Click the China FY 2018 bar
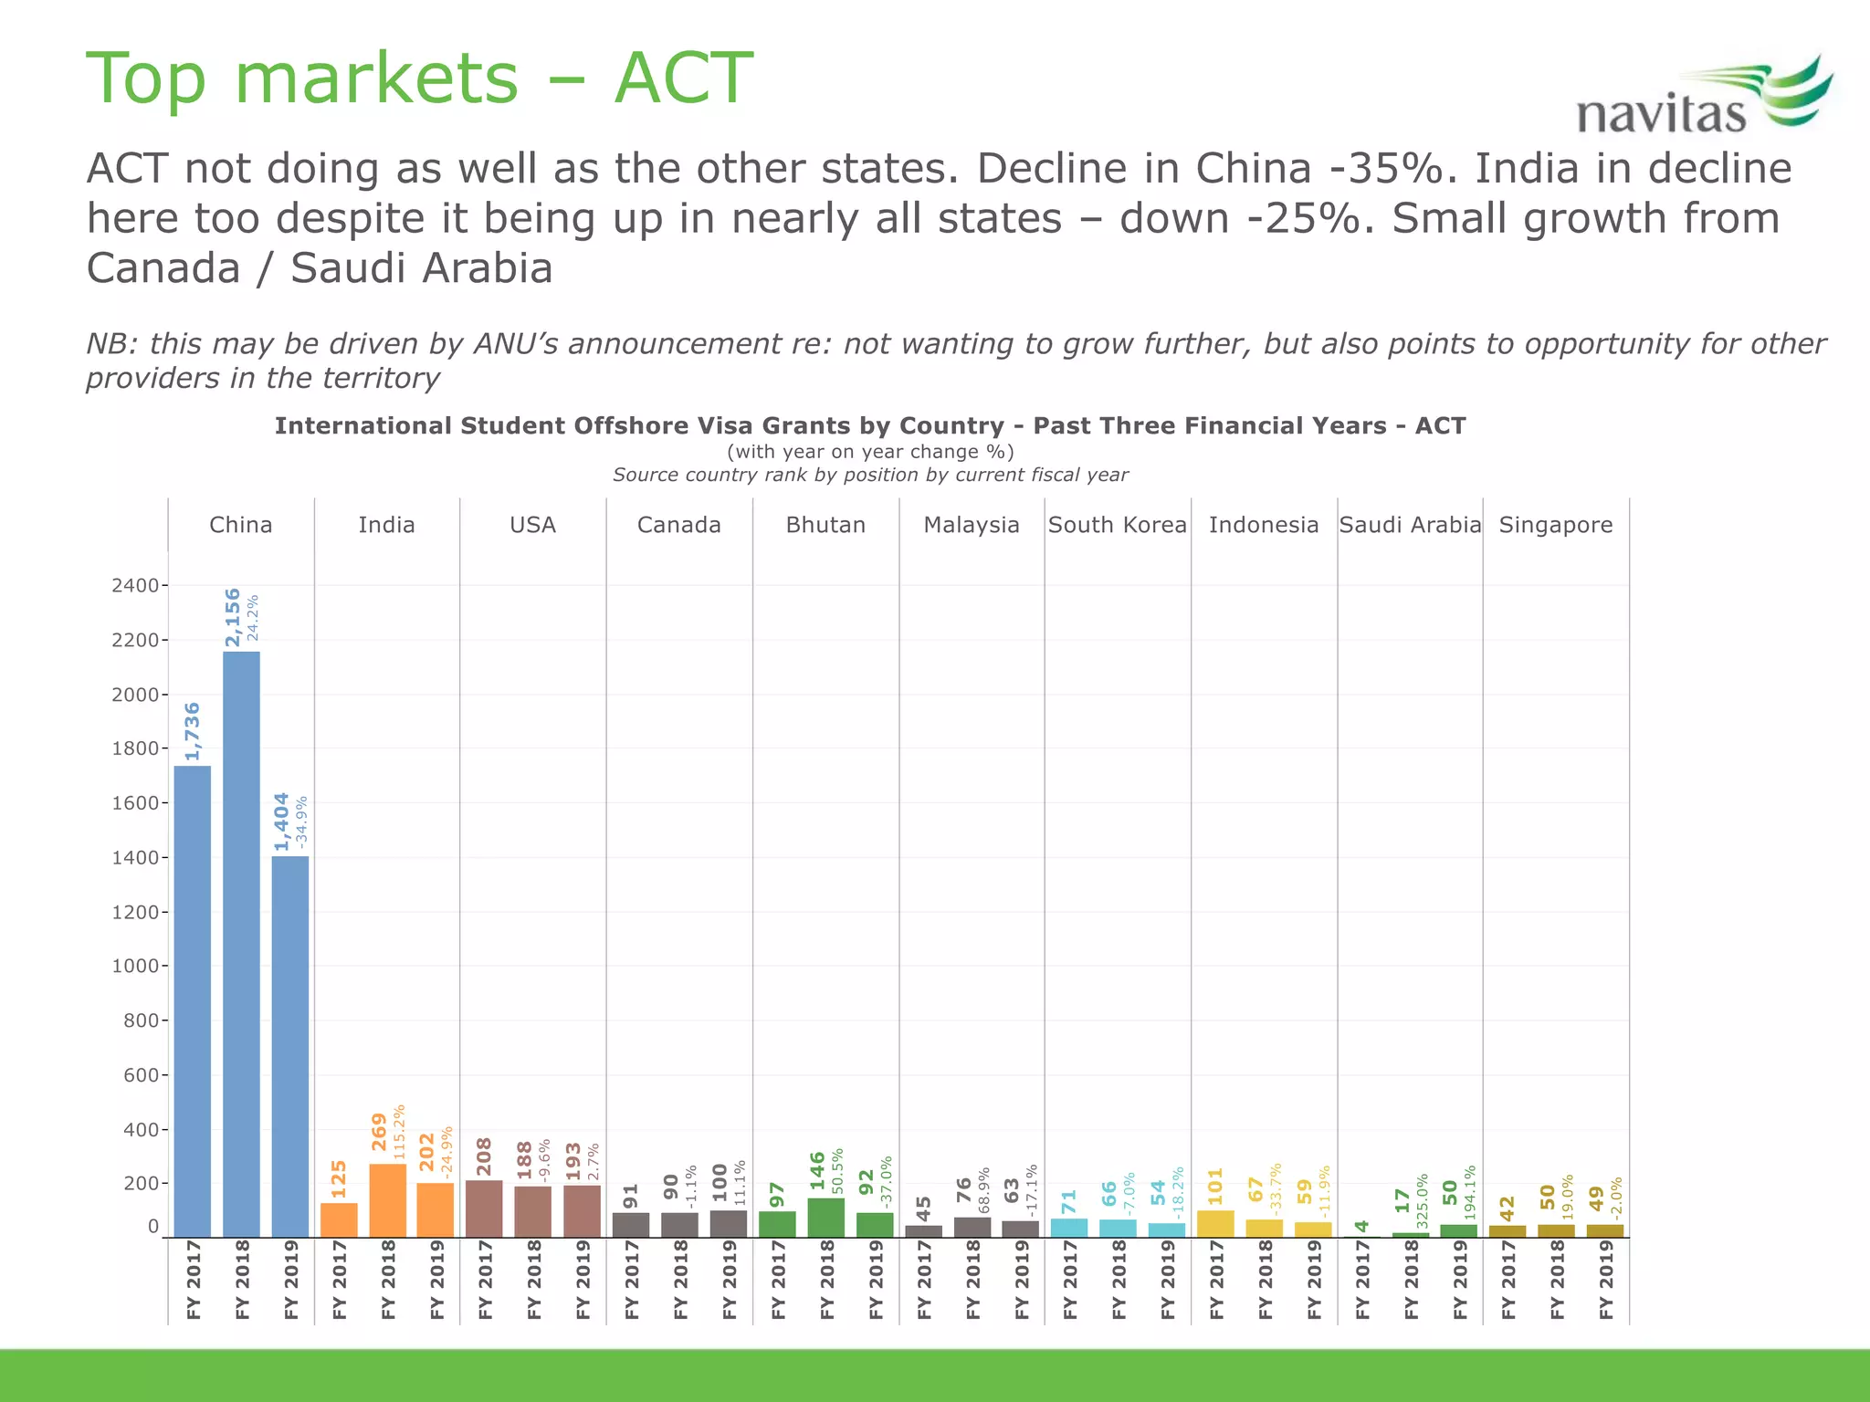(241, 945)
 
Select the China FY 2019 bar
(290, 1046)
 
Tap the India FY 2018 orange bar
(387, 1200)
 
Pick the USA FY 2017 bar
(484, 1208)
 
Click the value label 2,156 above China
(233, 617)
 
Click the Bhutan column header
(825, 525)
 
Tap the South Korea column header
(1117, 525)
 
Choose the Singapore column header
(1555, 525)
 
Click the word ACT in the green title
(683, 78)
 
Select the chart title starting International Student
(869, 426)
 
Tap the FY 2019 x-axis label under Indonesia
(1313, 1279)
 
